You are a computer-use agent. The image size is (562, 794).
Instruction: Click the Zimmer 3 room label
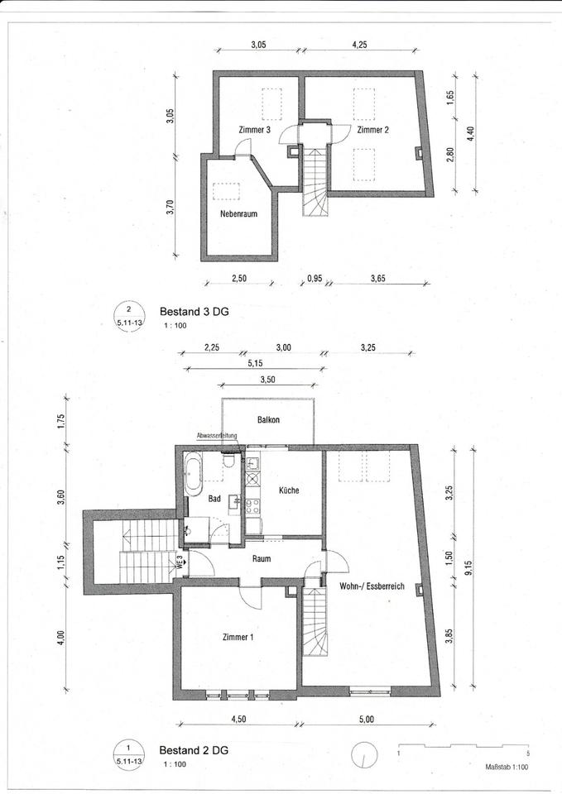click(254, 131)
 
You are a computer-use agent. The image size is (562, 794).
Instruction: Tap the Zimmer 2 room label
click(372, 131)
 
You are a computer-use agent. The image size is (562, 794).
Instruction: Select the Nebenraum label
click(238, 213)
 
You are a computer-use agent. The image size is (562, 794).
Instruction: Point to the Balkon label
click(268, 420)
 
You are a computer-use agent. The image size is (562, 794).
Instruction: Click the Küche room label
click(289, 490)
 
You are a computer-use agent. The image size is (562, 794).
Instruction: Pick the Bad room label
click(214, 500)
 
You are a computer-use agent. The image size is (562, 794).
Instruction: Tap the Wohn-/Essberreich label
click(372, 586)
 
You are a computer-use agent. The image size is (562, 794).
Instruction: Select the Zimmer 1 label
click(238, 638)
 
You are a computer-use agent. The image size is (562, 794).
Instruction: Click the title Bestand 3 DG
click(193, 314)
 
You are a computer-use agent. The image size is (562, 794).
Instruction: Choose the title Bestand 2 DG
click(193, 750)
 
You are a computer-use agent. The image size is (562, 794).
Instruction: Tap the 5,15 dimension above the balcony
click(255, 361)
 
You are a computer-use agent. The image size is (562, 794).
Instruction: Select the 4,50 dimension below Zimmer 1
click(238, 719)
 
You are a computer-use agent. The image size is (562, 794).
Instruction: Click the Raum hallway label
click(262, 559)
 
